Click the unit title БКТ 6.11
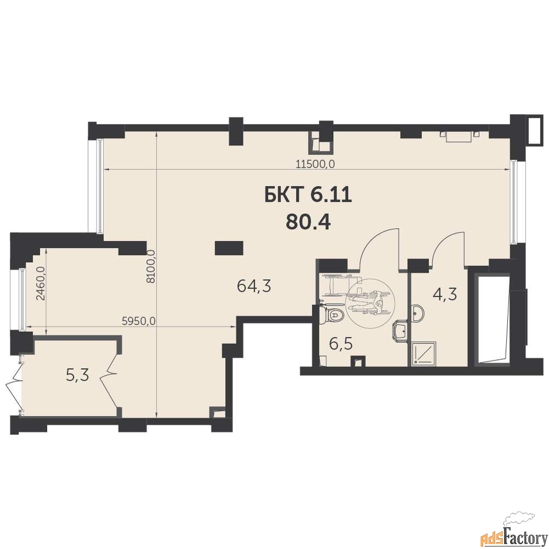[x=308, y=195]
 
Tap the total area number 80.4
[x=308, y=221]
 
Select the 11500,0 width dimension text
[x=316, y=164]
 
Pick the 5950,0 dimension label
[x=139, y=321]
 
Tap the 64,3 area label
[x=254, y=286]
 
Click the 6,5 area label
[x=341, y=344]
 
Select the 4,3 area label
[x=445, y=295]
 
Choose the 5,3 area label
[x=78, y=375]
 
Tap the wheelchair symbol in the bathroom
[x=369, y=303]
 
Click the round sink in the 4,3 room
[x=418, y=313]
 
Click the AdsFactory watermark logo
[x=513, y=536]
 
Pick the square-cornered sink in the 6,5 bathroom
[x=400, y=331]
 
